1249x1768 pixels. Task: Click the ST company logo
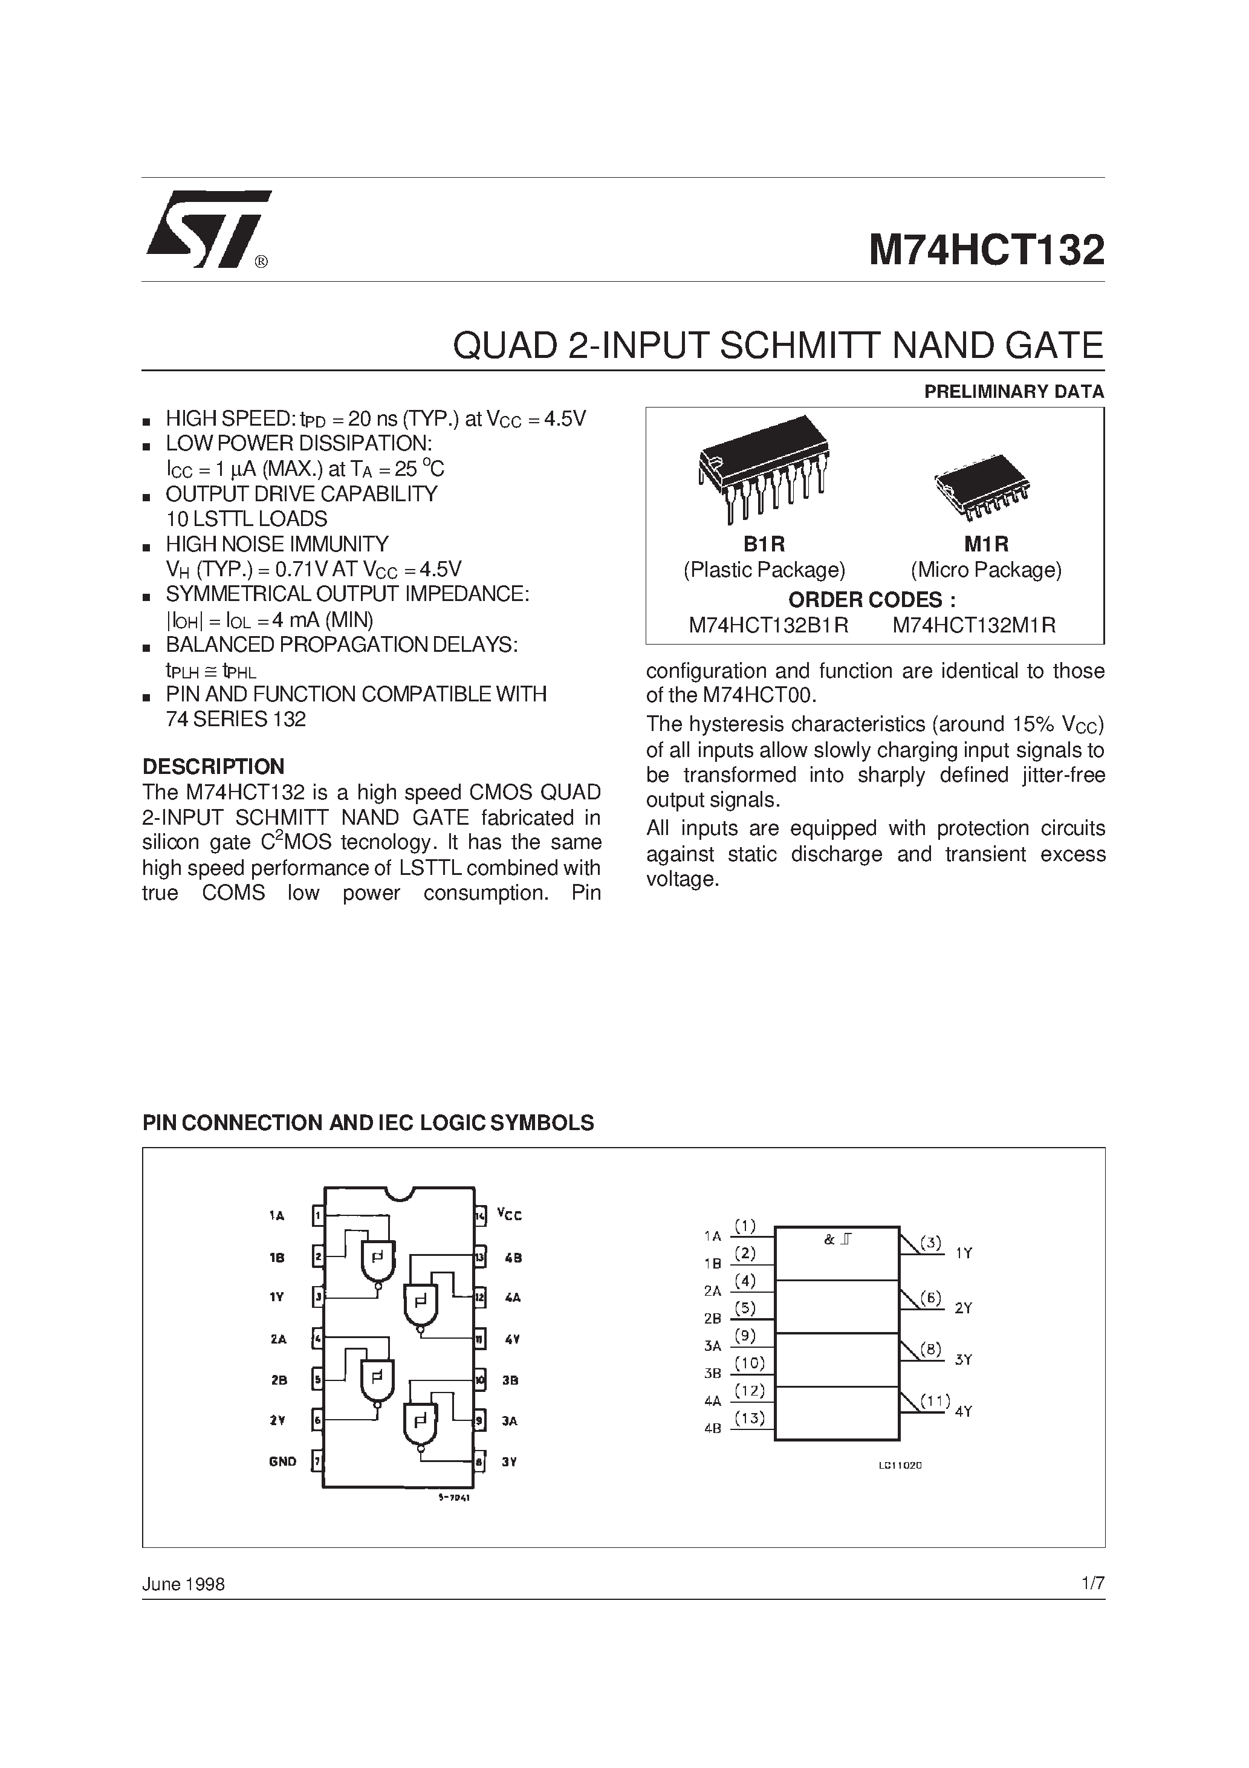207,229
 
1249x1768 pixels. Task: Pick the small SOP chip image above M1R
982,484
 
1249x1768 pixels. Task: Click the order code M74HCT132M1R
974,625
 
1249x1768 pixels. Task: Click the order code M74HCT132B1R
768,625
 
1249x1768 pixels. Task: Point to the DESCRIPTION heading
213,767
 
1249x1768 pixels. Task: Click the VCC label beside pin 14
509,1215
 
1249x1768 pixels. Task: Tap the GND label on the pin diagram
282,1461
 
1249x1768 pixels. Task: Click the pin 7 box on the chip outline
317,1461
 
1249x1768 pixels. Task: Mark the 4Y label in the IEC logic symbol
963,1411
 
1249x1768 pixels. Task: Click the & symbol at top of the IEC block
829,1241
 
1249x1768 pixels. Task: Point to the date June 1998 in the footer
183,1584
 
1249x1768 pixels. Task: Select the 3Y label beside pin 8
508,1461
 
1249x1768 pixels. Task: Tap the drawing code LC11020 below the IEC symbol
900,1466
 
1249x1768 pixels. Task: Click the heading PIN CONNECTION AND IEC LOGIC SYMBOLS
368,1123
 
